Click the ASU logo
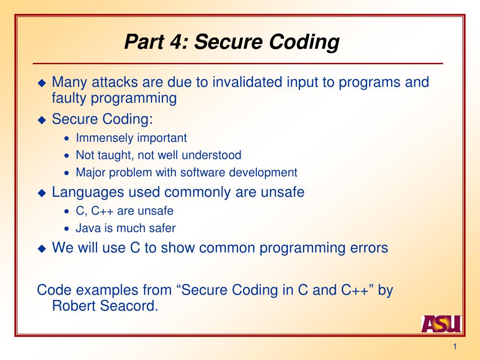[x=441, y=323]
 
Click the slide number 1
[x=454, y=346]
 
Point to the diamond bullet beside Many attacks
[x=42, y=83]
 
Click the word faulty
[x=69, y=98]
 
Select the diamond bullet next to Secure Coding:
[x=42, y=120]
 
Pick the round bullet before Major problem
[x=67, y=173]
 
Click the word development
[x=263, y=172]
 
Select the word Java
[x=86, y=228]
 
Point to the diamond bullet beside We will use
[x=42, y=248]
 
